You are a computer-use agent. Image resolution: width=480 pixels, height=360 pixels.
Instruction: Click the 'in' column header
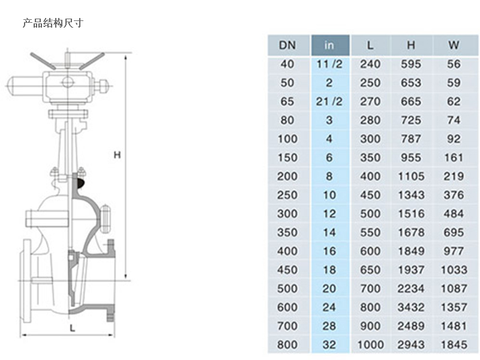pyautogui.click(x=329, y=46)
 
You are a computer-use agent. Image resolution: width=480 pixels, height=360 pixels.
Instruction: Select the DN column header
pyautogui.click(x=287, y=46)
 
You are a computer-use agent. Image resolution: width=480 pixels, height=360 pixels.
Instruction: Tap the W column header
pyautogui.click(x=454, y=46)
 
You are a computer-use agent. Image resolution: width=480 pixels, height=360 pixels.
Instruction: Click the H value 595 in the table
pyautogui.click(x=411, y=64)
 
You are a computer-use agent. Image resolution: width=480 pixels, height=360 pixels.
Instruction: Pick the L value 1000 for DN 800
pyautogui.click(x=370, y=344)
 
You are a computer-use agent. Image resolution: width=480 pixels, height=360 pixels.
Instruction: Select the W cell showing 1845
pyautogui.click(x=454, y=344)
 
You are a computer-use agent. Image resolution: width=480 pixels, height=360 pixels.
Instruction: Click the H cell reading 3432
pyautogui.click(x=411, y=307)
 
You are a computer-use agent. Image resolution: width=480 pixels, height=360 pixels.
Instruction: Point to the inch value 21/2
pyautogui.click(x=329, y=101)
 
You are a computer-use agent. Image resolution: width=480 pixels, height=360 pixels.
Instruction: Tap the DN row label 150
pyautogui.click(x=287, y=158)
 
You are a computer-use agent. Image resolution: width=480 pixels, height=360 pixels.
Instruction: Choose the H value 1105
pyautogui.click(x=411, y=176)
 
